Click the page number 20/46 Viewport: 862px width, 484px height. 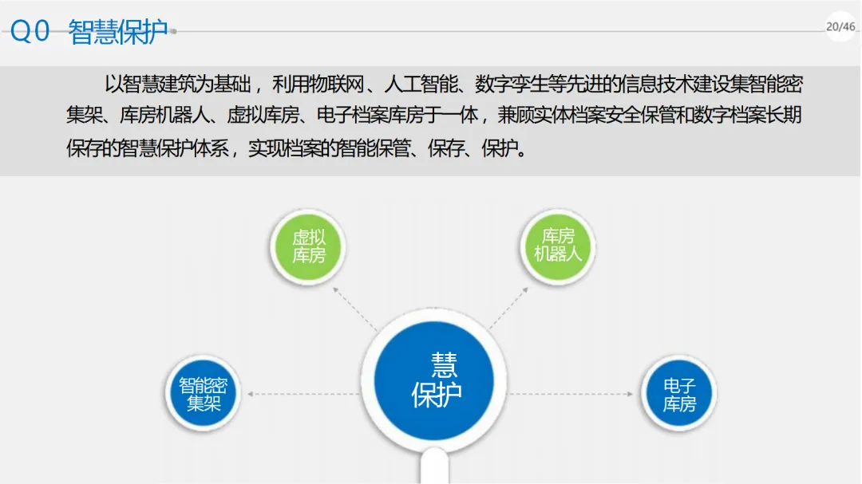click(x=840, y=26)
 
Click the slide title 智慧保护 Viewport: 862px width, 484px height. click(x=118, y=32)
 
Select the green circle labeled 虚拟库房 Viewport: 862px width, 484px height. click(x=308, y=246)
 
